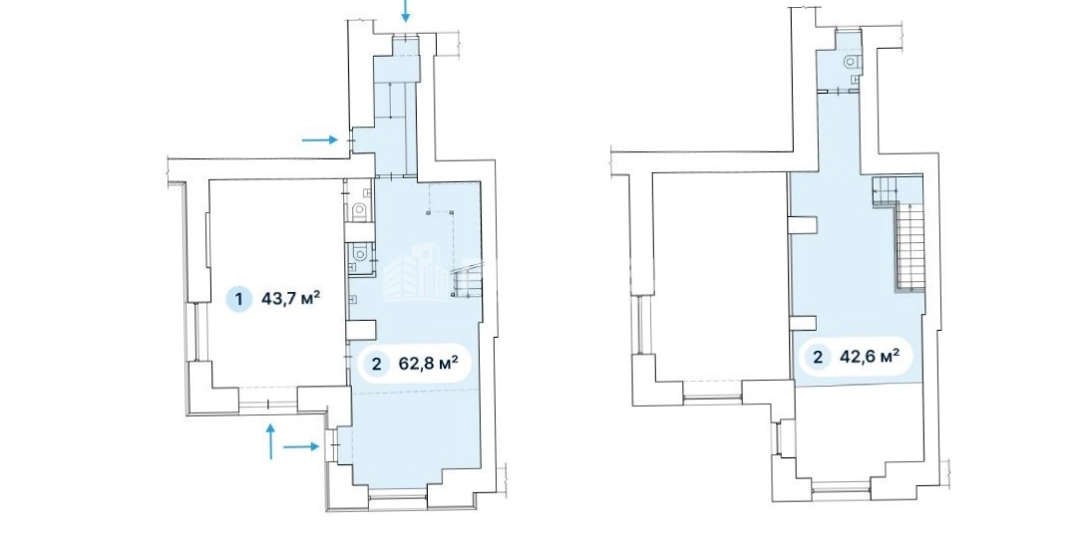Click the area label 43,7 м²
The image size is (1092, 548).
pos(290,299)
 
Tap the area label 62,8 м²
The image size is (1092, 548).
pos(428,364)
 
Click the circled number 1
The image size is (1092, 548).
pos(239,300)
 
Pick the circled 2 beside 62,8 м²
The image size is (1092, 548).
pos(377,365)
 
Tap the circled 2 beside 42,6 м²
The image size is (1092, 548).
pos(818,358)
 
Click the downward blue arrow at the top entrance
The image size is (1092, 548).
pos(406,10)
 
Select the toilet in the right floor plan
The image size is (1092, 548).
pos(852,62)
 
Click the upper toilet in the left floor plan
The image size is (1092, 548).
pos(359,211)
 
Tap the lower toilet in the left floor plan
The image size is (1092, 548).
pos(359,251)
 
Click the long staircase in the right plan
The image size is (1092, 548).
pos(910,245)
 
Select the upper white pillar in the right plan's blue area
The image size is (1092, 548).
pos(803,224)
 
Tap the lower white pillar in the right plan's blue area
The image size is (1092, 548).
pos(803,323)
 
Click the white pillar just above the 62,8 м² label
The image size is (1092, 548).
pos(362,329)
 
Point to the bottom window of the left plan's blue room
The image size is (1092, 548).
pos(397,494)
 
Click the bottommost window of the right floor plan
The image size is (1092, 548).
pos(841,487)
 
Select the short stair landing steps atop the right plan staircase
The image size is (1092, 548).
pos(886,190)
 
